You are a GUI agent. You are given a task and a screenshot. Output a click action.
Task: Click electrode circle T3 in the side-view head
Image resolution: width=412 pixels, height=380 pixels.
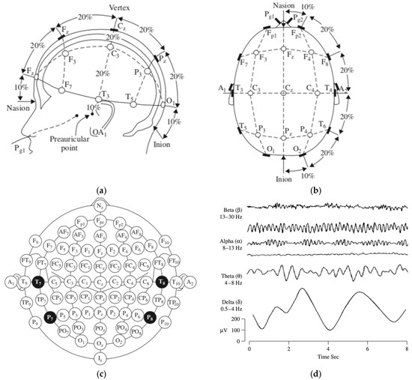pos(98,100)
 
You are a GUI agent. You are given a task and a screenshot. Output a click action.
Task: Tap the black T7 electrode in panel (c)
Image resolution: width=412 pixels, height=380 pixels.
pos(38,281)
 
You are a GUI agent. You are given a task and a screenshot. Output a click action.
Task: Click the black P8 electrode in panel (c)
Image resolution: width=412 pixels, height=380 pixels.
pos(151,317)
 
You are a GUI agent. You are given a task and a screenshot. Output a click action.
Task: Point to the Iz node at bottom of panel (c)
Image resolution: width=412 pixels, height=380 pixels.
pos(100,358)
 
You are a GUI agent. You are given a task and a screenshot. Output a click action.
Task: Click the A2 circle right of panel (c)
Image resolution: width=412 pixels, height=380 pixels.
pos(190,281)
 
